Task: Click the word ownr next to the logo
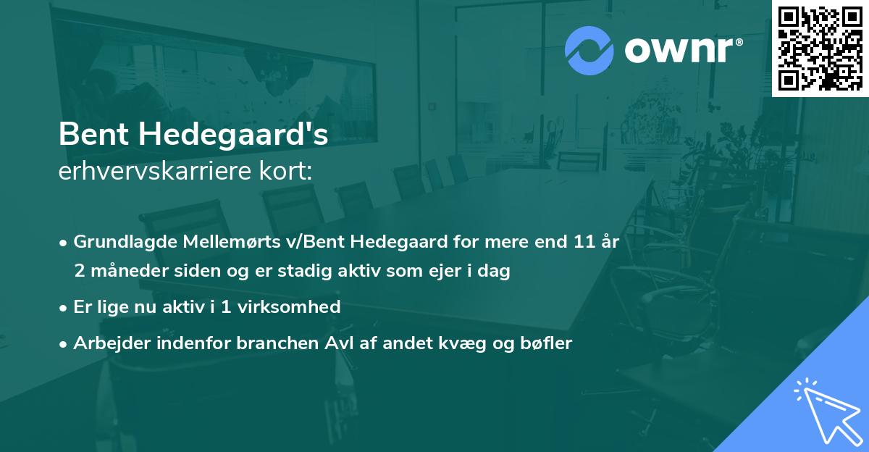677,51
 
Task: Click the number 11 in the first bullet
584,242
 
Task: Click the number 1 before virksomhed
226,307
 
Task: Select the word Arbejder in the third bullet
106,343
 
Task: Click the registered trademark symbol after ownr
739,41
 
